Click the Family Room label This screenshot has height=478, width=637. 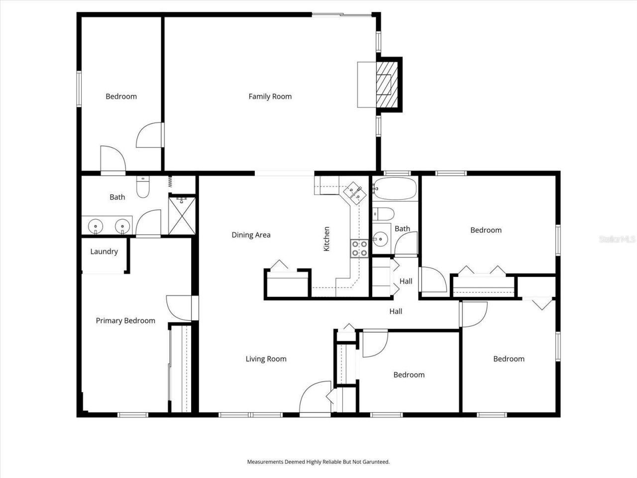click(x=270, y=97)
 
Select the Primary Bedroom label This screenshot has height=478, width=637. click(x=125, y=321)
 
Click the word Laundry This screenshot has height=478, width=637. click(x=104, y=251)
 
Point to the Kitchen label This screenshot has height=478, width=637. click(x=327, y=239)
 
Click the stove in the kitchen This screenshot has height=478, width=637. click(x=359, y=248)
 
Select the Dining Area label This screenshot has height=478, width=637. click(x=251, y=235)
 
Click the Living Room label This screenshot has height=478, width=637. click(x=266, y=359)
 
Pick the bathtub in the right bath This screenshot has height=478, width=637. click(x=395, y=189)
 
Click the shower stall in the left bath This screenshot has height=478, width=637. click(x=182, y=215)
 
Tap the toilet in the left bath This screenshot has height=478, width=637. click(x=142, y=187)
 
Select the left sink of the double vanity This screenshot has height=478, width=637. click(x=95, y=227)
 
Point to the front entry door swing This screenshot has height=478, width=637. click(x=315, y=398)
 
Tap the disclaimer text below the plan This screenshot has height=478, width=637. click(x=318, y=462)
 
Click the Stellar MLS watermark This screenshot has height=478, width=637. click(x=617, y=239)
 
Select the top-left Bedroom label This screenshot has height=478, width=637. click(x=121, y=97)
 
